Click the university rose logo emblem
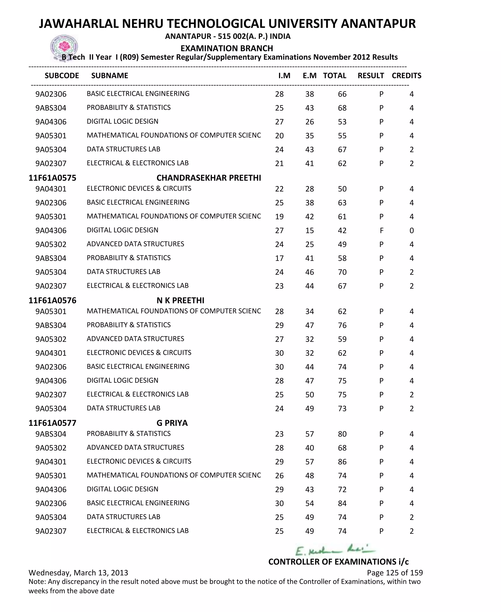[x=64, y=47]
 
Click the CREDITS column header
[x=406, y=76]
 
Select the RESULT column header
[x=371, y=76]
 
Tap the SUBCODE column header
[x=62, y=76]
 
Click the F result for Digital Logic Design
[x=381, y=230]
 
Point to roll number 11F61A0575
[x=52, y=178]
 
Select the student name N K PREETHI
[x=180, y=300]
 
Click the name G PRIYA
[x=172, y=423]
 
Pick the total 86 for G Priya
[x=342, y=462]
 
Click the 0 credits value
[x=411, y=230]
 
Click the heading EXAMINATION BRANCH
[x=227, y=48]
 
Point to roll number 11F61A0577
[x=52, y=423]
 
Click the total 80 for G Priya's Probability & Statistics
[x=342, y=434]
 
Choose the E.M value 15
[x=309, y=230]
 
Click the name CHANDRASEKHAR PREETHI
[x=209, y=178]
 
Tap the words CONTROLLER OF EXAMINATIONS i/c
[x=338, y=562]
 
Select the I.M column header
[x=284, y=76]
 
